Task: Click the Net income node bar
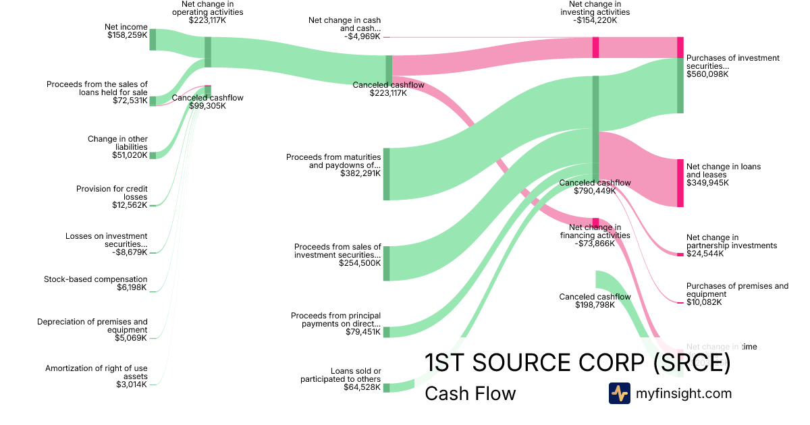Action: (153, 39)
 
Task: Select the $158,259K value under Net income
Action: (127, 35)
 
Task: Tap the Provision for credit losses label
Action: (112, 193)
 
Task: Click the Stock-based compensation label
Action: (95, 279)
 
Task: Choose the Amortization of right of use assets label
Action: (97, 372)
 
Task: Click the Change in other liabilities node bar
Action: (153, 155)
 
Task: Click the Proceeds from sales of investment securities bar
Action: (387, 263)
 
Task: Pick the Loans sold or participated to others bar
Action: (387, 387)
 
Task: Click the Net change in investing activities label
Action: (595, 8)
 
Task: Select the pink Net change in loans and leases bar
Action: (680, 183)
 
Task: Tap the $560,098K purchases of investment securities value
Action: (707, 74)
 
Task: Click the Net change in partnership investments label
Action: (732, 242)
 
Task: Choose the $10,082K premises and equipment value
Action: (704, 302)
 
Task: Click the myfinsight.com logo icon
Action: (619, 393)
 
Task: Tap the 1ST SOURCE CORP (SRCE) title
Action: (577, 363)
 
